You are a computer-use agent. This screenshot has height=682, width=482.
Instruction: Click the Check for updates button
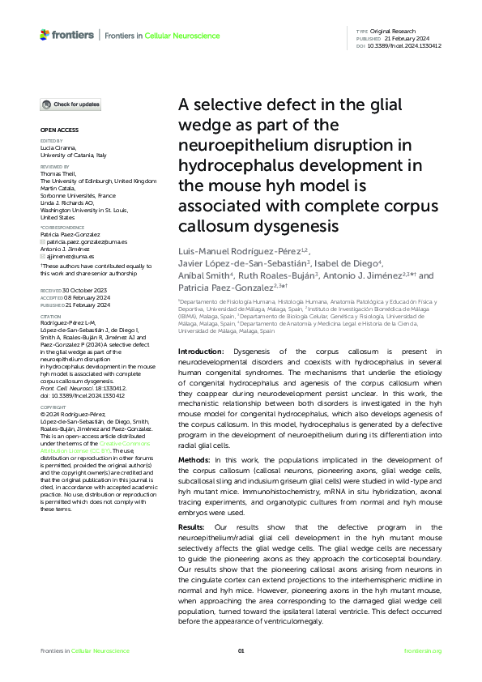click(x=72, y=104)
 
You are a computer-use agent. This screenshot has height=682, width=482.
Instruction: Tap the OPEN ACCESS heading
click(x=58, y=130)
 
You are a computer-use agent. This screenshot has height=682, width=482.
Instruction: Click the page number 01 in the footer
click(x=241, y=651)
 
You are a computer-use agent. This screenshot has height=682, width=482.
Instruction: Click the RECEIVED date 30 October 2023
click(x=83, y=289)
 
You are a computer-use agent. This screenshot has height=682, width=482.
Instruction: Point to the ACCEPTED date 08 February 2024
click(x=84, y=296)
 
